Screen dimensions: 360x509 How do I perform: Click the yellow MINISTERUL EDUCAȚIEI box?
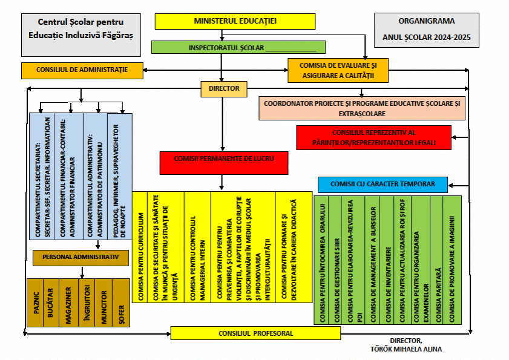click(235, 21)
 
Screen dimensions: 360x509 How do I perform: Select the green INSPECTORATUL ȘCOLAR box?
click(238, 47)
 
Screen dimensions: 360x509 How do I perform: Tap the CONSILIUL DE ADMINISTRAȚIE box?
click(82, 70)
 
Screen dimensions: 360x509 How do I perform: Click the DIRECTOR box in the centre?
click(224, 89)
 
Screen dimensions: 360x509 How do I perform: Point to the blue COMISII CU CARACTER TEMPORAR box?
click(383, 184)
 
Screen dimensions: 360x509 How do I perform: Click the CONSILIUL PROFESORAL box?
click(256, 333)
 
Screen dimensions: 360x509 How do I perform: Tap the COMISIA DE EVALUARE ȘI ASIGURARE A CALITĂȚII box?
click(337, 70)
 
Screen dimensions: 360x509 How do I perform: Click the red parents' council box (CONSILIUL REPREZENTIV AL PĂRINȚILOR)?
click(374, 137)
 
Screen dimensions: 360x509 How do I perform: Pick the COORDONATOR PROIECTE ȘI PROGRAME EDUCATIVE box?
click(362, 109)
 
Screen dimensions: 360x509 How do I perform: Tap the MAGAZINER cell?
click(70, 303)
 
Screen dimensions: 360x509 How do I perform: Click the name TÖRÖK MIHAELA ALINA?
click(406, 349)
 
